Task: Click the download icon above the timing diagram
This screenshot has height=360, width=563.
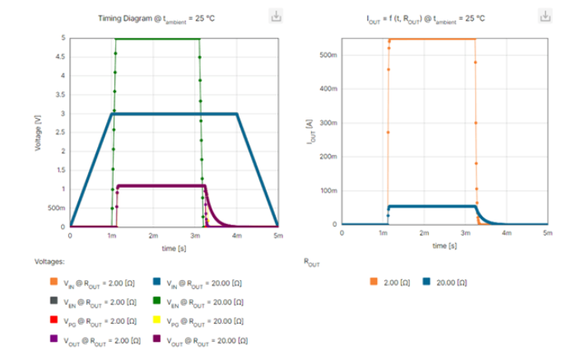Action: tap(276, 16)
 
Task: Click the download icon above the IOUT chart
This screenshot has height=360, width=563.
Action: tap(545, 16)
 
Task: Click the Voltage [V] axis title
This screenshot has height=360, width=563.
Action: tap(40, 132)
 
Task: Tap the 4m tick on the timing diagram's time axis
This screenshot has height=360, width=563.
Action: tap(236, 236)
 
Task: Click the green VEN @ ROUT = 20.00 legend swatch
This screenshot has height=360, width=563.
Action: tap(157, 302)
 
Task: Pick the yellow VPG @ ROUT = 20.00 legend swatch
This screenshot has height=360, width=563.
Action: tap(157, 321)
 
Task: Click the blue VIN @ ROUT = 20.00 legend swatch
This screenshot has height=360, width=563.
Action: tap(157, 282)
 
